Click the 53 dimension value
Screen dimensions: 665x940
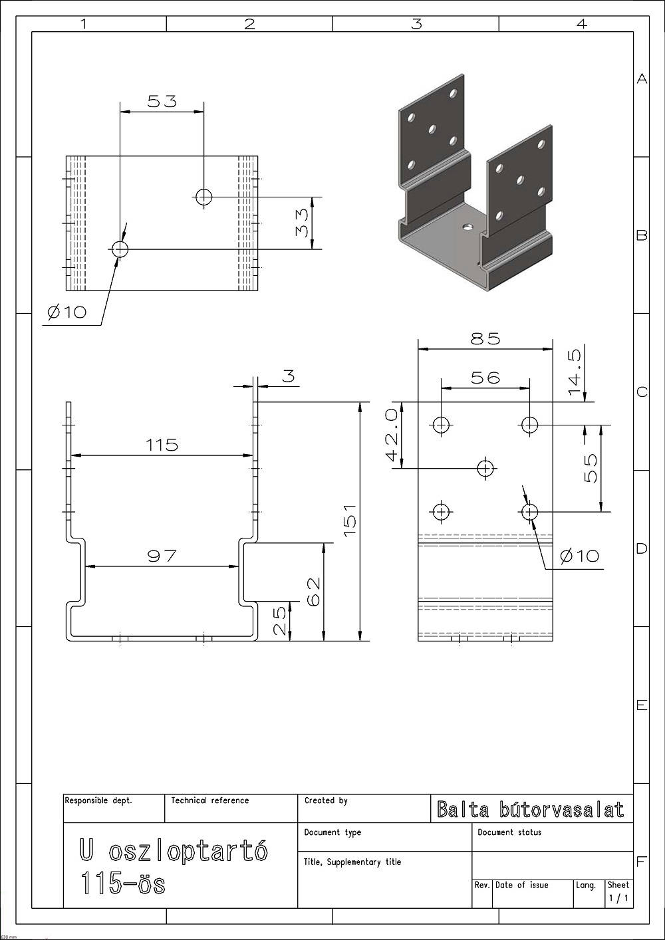[162, 101]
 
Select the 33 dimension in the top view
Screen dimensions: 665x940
[302, 223]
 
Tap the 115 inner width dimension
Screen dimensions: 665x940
[162, 445]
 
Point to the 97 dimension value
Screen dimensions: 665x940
[162, 556]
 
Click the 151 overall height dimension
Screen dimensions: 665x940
[350, 520]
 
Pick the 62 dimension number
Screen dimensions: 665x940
[314, 592]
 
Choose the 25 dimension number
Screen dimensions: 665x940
[279, 621]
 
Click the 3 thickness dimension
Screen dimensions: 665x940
[289, 376]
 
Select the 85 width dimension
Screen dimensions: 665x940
[485, 338]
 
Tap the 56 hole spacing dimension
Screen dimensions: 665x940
[485, 378]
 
